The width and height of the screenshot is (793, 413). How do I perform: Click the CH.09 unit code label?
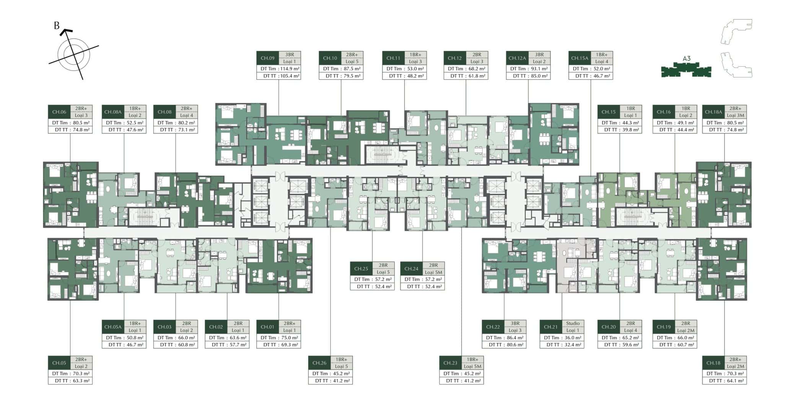coord(267,58)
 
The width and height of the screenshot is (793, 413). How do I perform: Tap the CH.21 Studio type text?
coord(573,323)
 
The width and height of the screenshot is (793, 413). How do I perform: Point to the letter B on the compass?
coord(57,26)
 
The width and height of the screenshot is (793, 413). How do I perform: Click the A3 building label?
coord(687,59)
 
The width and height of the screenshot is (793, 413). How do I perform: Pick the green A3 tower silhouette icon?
coord(686,70)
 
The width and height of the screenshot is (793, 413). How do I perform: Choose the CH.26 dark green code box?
coord(319,363)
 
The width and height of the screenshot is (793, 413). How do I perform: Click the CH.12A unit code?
coord(517,58)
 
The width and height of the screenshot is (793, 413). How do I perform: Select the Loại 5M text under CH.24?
coord(433,272)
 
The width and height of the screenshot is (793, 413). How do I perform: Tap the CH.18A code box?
coord(713,112)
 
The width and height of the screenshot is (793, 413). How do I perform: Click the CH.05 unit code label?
coord(59,363)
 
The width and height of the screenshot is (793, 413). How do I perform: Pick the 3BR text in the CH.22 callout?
coord(515,323)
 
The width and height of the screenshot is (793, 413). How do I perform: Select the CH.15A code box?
coord(580,58)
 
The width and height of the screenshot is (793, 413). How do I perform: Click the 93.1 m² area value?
coord(539,69)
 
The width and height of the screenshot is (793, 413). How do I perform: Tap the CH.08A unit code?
coord(113,112)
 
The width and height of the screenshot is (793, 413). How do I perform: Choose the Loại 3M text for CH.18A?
coord(735,115)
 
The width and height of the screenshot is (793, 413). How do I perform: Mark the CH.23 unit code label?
coord(450,363)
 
